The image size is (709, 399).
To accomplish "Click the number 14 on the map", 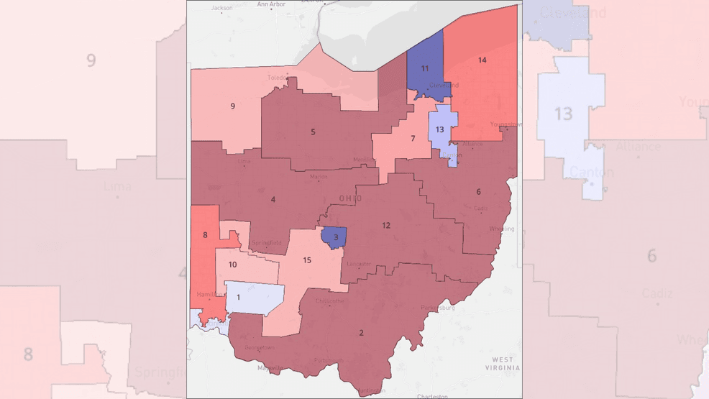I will [482, 60].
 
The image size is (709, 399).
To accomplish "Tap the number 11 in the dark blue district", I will [425, 69].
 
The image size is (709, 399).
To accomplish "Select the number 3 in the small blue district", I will [335, 237].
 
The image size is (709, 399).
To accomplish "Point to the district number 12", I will [386, 226].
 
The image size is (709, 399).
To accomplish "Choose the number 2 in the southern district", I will [361, 333].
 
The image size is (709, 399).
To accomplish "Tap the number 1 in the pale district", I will [238, 297].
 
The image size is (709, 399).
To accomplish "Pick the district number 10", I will [232, 265].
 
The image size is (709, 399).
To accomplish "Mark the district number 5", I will [313, 132].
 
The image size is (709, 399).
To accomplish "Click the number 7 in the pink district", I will [413, 139].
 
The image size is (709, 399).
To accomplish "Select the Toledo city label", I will [276, 78].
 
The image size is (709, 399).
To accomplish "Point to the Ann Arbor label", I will [271, 4].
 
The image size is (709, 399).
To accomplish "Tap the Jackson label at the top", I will [221, 9].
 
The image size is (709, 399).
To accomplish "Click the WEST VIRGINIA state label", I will [502, 364].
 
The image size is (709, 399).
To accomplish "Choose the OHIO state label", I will [350, 198].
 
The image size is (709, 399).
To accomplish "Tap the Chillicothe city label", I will [330, 301].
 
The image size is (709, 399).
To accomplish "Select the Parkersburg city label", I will [437, 308].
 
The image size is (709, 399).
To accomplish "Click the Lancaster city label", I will [359, 264].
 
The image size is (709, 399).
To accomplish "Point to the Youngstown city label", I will [506, 124].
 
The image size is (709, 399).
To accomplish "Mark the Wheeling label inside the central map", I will [501, 229].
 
